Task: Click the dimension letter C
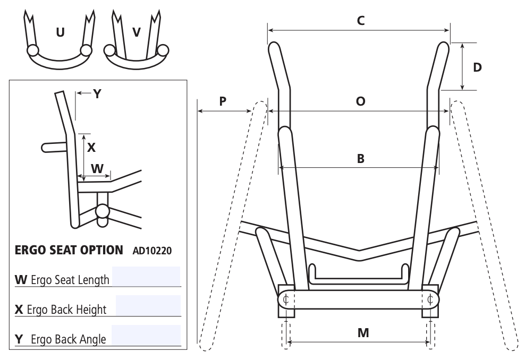(360, 21)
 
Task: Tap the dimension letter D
(477, 67)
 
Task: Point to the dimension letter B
(360, 158)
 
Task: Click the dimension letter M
(363, 333)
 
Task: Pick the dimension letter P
(223, 101)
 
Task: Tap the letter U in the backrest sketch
(60, 32)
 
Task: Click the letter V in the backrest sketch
(137, 32)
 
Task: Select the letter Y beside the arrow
(97, 94)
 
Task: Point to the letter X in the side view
(91, 148)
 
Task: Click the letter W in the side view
(97, 168)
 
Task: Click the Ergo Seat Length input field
(146, 276)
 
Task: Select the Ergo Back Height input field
(148, 305)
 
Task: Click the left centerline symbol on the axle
(286, 299)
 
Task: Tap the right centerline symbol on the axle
(430, 299)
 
